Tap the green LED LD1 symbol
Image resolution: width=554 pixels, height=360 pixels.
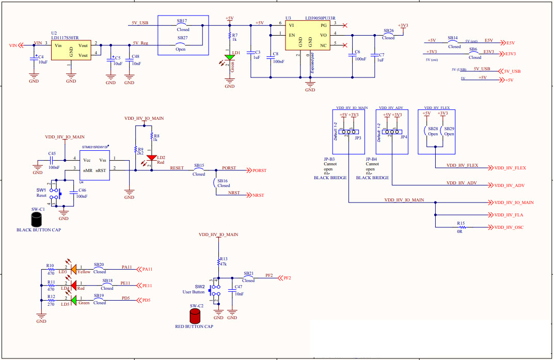pyautogui.click(x=229, y=57)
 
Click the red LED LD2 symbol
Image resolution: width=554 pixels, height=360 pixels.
pyautogui.click(x=152, y=158)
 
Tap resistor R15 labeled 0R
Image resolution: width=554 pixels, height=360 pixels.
pyautogui.click(x=461, y=227)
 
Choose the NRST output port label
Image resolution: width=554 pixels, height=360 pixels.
pyautogui.click(x=258, y=195)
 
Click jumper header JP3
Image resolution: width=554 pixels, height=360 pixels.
pyautogui.click(x=349, y=132)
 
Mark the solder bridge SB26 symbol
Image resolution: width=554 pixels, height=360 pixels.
pyautogui.click(x=388, y=35)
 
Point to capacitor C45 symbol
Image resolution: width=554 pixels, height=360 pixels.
pyautogui.click(x=52, y=160)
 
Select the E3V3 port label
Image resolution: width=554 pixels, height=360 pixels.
pyautogui.click(x=511, y=54)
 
